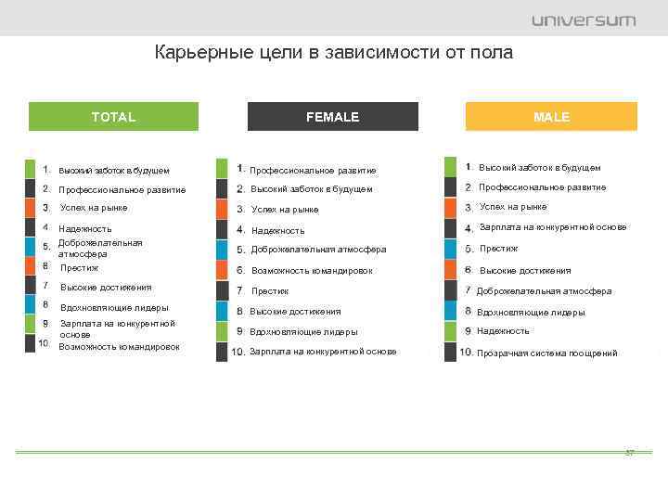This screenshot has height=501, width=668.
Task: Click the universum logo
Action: (584, 20)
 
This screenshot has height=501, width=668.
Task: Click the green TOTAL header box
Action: (113, 117)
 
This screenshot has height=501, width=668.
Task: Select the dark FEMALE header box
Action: (333, 117)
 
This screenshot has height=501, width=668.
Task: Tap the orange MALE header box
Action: (552, 117)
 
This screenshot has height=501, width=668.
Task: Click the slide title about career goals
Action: (333, 53)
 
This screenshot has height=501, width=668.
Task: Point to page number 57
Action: (629, 453)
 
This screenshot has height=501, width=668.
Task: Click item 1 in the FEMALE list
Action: (313, 170)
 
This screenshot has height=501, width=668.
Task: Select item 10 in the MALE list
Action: (546, 353)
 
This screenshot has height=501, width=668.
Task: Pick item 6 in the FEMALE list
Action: (312, 271)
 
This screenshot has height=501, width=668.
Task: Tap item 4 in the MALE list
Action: (552, 227)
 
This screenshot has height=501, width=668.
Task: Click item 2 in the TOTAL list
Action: (122, 190)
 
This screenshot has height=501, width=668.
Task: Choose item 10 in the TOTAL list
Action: (119, 346)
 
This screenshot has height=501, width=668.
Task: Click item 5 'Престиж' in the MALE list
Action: (498, 249)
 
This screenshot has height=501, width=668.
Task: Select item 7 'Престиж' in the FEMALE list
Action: (270, 291)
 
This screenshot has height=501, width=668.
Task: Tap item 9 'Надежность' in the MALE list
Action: (503, 331)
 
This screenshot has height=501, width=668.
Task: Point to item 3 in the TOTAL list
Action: (93, 208)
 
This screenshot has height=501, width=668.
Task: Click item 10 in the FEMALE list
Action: (322, 352)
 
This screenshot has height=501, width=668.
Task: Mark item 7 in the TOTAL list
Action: (105, 288)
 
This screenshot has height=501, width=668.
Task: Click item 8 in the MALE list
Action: (531, 313)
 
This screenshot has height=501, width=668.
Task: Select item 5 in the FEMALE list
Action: (318, 250)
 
